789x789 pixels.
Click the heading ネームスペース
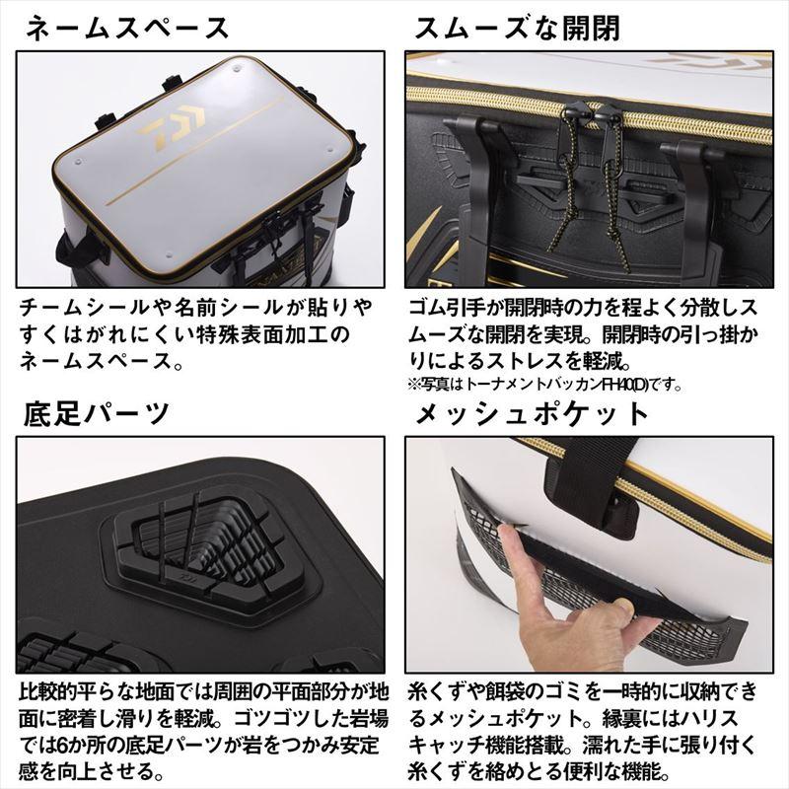(x=127, y=29)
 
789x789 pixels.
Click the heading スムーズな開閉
(x=517, y=29)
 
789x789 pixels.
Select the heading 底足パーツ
(x=97, y=413)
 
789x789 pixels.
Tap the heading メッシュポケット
(x=533, y=413)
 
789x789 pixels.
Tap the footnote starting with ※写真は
(x=545, y=386)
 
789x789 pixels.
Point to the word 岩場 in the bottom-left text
(x=368, y=719)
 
